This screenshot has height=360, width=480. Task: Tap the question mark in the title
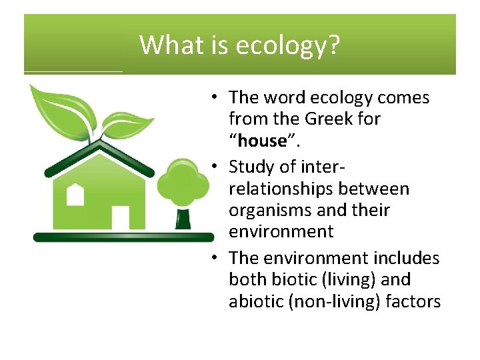point(334,45)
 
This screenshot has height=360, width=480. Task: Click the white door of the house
point(120,217)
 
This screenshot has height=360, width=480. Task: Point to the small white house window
point(75,194)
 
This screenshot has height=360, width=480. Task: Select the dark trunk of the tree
point(181,218)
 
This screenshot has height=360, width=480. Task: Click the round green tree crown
point(181,183)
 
